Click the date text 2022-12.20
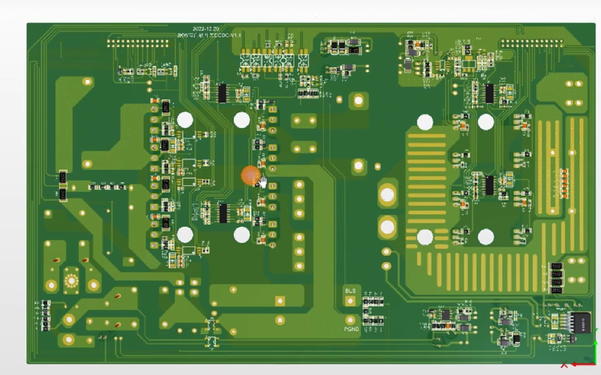pyautogui.click(x=206, y=29)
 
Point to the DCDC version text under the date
pyautogui.click(x=209, y=35)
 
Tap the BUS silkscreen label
pyautogui.click(x=350, y=291)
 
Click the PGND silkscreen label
pyautogui.click(x=351, y=329)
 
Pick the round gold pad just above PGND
pyautogui.click(x=350, y=320)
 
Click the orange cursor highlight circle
pyautogui.click(x=251, y=175)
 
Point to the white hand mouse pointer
pyautogui.click(x=263, y=182)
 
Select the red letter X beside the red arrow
pyautogui.click(x=564, y=365)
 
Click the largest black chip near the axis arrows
pyautogui.click(x=580, y=322)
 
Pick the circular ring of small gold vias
pyautogui.click(x=71, y=281)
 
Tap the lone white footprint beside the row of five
pyautogui.click(x=303, y=60)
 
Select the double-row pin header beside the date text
pyautogui.click(x=138, y=43)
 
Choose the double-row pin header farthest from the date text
pyautogui.click(x=532, y=44)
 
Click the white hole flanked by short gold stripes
pyautogui.click(x=425, y=237)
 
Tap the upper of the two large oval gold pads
pyautogui.click(x=387, y=195)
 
